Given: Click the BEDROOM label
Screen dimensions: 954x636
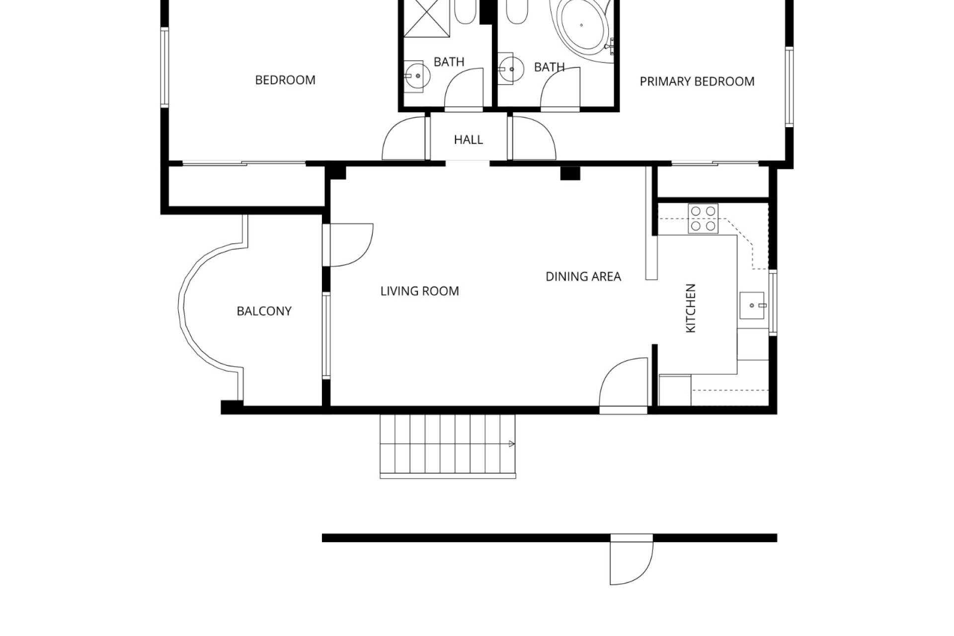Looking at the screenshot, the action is tap(285, 80).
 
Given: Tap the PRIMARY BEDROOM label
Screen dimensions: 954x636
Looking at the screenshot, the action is tap(697, 81).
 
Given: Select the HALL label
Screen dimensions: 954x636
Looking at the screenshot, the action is tap(469, 140).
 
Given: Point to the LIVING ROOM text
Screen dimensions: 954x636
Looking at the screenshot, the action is tap(420, 291).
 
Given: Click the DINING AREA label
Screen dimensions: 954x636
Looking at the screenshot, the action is tap(583, 277).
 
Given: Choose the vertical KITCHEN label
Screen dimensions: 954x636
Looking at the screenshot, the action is tap(691, 308).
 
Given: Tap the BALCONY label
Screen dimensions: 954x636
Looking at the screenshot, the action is tap(264, 311).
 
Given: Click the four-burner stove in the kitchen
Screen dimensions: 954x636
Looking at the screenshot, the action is tap(703, 219).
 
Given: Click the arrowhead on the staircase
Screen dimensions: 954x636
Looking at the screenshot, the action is tap(512, 444).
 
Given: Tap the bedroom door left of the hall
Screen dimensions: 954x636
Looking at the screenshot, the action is tap(403, 139).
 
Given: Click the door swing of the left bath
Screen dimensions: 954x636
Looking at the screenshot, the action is tap(464, 87).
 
